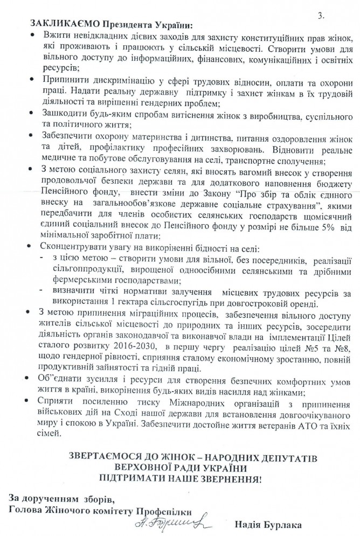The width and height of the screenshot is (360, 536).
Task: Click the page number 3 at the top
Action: (x=322, y=17)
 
